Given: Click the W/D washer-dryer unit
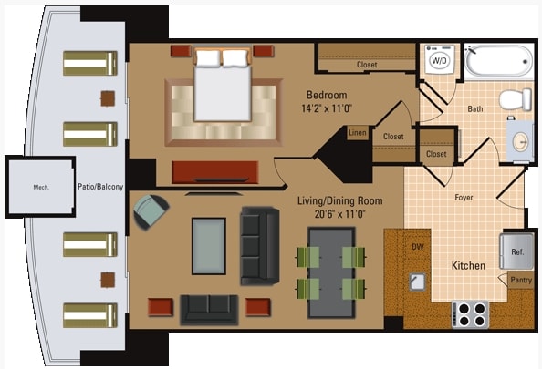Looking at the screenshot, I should [439, 61].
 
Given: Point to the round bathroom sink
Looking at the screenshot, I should [521, 141].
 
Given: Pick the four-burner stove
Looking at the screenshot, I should [469, 314].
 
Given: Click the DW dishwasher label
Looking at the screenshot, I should [418, 246].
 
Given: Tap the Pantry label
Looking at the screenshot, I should [521, 280].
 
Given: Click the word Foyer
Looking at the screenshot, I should [464, 196].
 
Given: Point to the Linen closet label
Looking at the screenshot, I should [358, 133].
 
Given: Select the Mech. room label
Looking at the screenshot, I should [41, 188].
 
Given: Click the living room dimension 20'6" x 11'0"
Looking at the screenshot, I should [339, 214].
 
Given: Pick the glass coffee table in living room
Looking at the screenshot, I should [208, 245].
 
